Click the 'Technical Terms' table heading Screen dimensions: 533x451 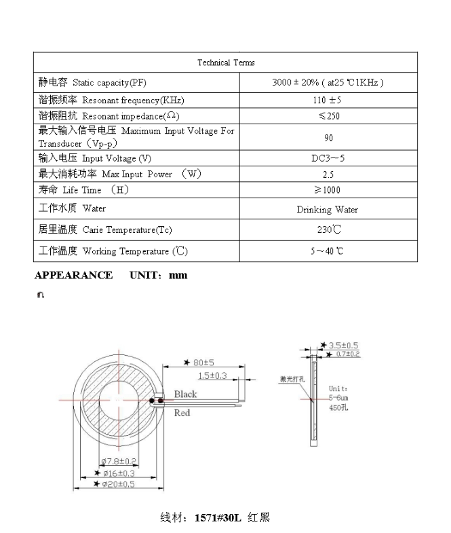pos(226,62)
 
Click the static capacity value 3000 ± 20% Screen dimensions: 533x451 pos(328,83)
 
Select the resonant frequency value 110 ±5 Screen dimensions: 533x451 pos(328,100)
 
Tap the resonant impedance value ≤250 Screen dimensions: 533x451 pos(328,116)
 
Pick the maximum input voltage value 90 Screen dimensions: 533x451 pos(328,138)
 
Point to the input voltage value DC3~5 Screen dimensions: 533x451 pos(328,158)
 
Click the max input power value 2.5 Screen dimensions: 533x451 pos(328,174)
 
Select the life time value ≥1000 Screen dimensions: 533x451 pos(328,190)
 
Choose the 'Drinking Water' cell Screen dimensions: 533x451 pos(328,210)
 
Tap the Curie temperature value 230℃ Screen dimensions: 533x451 pos(328,230)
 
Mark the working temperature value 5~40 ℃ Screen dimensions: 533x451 pos(328,251)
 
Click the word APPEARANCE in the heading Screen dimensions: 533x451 pos(73,275)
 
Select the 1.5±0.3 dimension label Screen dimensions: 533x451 pos(212,375)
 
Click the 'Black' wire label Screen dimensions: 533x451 pos(185,394)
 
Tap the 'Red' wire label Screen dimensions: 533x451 pos(182,413)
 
